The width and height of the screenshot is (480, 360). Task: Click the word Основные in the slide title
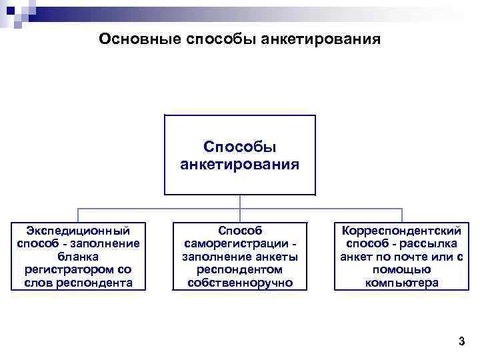[x=131, y=39]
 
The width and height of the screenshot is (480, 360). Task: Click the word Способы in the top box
[x=239, y=147]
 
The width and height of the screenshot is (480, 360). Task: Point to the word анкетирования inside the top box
[x=239, y=163]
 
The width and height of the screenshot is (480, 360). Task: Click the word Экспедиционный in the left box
[x=79, y=231]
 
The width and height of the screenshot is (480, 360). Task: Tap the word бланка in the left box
[x=78, y=257]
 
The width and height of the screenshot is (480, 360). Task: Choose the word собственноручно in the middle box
[x=240, y=283]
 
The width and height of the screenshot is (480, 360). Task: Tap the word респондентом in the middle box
[x=240, y=269]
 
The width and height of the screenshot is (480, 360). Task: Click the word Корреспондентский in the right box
[x=401, y=231]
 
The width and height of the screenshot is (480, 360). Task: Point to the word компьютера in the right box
[x=401, y=283]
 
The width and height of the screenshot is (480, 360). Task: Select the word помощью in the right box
[x=401, y=269]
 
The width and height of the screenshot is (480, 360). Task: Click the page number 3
[x=461, y=342]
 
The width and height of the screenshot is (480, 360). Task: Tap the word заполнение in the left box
[x=107, y=243]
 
